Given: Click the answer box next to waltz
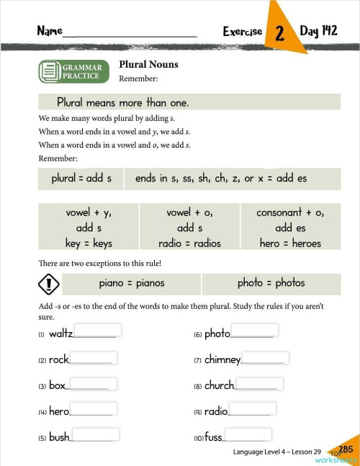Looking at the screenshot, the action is [x=98, y=330].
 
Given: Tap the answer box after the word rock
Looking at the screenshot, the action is [x=93, y=357].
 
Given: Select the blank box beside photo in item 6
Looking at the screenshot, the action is [x=254, y=330].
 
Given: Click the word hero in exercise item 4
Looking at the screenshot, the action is [x=59, y=411].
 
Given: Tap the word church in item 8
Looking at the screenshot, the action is [x=219, y=385].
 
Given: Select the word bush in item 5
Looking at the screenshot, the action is [x=60, y=437].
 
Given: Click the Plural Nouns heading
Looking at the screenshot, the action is [x=148, y=64].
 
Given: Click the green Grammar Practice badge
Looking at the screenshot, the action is [x=74, y=71].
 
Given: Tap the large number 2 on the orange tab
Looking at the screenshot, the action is [x=279, y=33].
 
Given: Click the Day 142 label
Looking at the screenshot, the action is [x=319, y=31].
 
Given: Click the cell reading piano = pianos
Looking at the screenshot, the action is [x=132, y=283].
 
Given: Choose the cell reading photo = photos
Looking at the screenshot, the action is [x=271, y=283].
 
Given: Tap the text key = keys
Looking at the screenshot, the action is [x=89, y=243].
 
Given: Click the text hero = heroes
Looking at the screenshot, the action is [x=290, y=243].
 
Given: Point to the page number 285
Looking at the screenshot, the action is [x=346, y=449].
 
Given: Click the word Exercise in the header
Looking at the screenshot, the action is [x=243, y=32].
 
